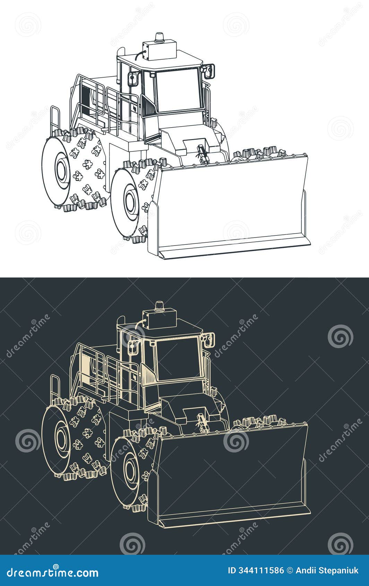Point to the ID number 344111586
point(256,570)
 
